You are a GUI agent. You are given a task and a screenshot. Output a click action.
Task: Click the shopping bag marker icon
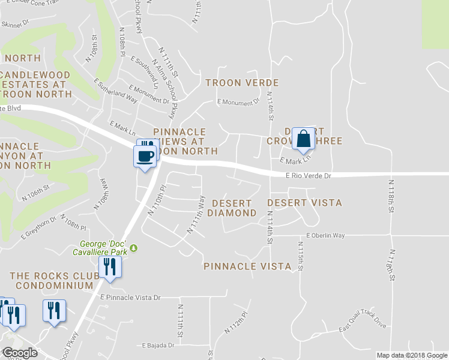point(304,139)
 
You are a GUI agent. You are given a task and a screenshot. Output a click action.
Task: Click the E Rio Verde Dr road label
point(309,176)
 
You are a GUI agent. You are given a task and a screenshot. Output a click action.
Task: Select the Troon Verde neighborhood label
point(243,82)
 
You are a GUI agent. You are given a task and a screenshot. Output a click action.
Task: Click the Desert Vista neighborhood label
point(304,203)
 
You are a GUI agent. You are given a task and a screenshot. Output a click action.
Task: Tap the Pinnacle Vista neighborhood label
point(247,266)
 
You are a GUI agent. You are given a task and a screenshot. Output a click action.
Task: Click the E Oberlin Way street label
point(325,236)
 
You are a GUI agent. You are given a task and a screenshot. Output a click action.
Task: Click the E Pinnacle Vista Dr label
point(131,298)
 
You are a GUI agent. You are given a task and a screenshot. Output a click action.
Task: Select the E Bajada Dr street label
point(158,346)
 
